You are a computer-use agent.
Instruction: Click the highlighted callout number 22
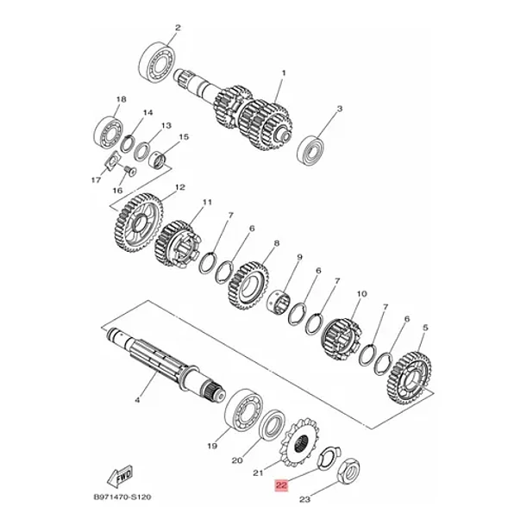coord(281,485)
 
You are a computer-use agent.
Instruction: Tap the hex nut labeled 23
coord(348,470)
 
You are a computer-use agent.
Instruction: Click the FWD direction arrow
coord(120,476)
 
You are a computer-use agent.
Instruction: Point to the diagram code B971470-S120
coord(122,498)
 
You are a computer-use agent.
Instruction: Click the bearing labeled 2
coord(157,61)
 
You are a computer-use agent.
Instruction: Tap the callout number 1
coord(284,72)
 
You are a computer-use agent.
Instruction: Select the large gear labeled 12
coord(136,222)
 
